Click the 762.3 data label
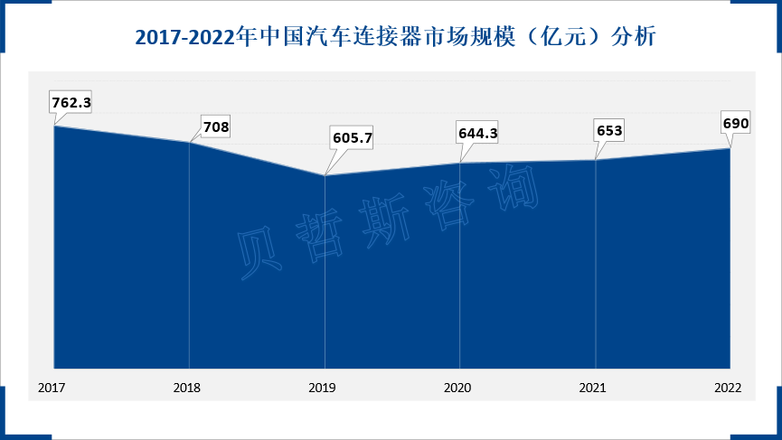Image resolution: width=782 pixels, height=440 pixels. point(71,102)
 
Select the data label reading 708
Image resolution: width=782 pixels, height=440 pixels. point(215,127)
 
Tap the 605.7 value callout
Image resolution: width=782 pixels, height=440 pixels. point(353,138)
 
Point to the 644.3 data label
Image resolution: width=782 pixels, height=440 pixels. point(478,133)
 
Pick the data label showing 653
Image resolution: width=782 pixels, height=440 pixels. point(609,129)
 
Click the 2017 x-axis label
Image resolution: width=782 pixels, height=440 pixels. point(52,388)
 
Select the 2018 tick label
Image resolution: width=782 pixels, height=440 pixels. point(187,388)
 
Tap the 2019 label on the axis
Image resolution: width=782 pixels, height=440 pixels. point(323,388)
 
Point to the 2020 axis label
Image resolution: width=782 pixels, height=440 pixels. point(458,388)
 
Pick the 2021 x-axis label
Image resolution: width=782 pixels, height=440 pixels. point(593,388)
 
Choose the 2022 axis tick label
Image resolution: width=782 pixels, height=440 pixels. point(728,388)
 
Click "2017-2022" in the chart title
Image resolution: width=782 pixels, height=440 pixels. point(184,38)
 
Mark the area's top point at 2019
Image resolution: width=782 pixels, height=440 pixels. point(325,175)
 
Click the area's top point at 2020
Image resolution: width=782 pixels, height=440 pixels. point(460,163)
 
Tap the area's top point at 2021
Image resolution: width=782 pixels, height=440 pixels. point(596,160)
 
